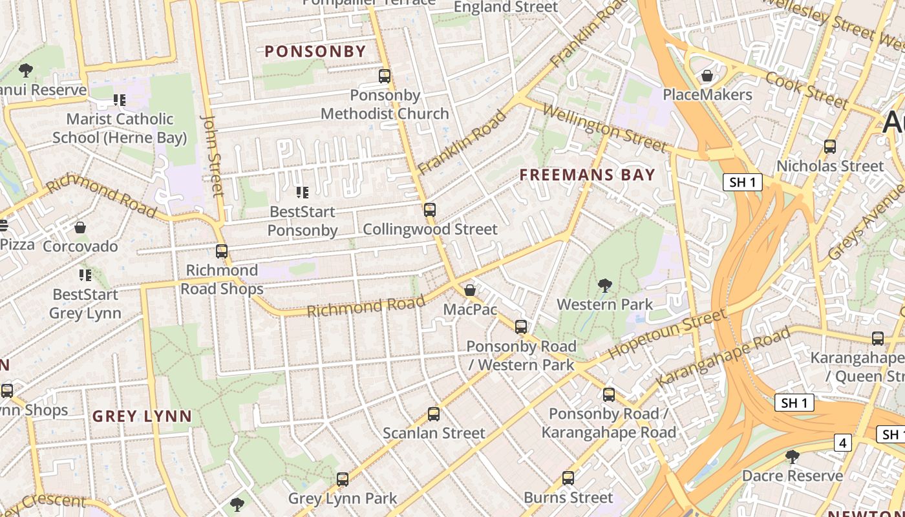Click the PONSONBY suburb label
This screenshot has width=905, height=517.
point(315,52)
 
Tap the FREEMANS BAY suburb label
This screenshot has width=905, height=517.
point(587,174)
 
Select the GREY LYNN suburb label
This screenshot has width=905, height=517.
point(142,416)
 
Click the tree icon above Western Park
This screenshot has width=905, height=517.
point(605,285)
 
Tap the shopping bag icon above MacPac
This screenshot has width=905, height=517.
point(470,290)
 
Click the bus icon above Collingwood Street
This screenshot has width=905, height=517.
point(430,210)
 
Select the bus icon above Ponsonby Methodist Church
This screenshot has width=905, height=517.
point(385,76)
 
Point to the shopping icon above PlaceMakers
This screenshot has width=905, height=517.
point(707,76)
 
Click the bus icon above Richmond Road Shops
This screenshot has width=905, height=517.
point(222,251)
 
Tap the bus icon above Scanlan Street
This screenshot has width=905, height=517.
point(434,414)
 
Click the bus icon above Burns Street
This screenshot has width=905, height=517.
point(568,478)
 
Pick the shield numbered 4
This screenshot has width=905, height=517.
point(842,443)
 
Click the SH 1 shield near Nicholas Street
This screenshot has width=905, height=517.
point(742,182)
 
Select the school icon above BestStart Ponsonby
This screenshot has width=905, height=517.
point(302,192)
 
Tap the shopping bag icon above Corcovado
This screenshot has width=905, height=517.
point(80,227)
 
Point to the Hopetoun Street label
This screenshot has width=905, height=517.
point(667,334)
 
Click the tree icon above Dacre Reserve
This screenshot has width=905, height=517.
point(792,457)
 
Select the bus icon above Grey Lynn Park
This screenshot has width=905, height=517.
point(343,480)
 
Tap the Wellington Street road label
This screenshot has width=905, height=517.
point(604,128)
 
